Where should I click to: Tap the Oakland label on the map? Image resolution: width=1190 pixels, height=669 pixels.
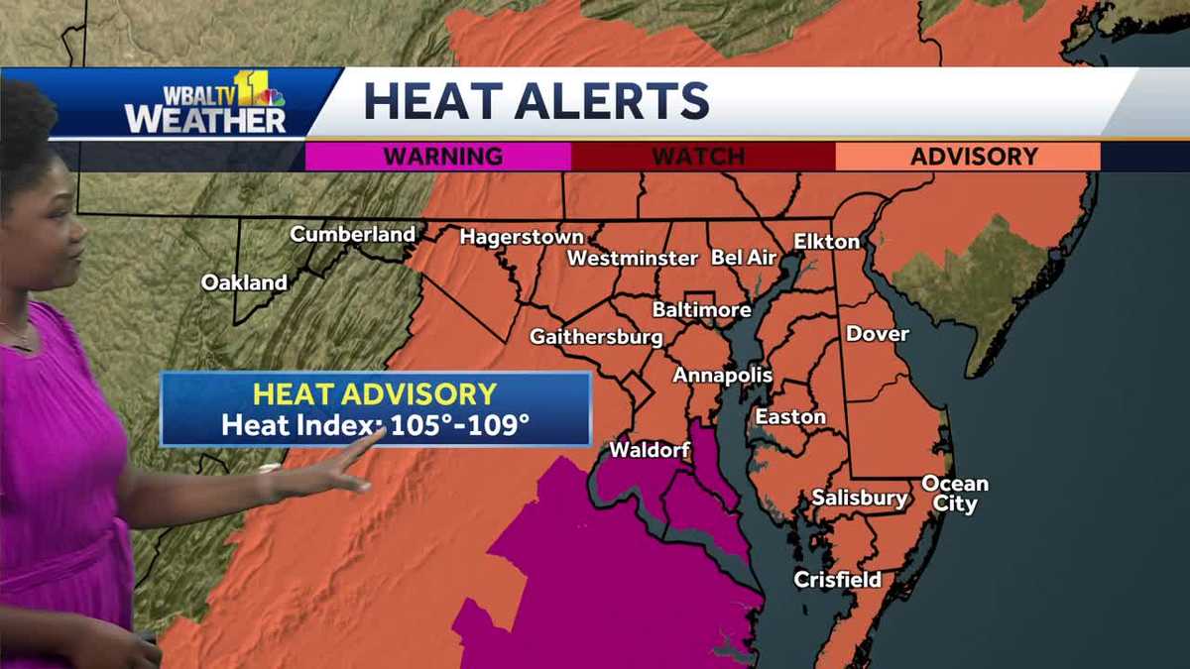244,282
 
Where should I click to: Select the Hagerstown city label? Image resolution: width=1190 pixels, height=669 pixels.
522,238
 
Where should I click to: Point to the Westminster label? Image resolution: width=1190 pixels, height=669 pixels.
633,259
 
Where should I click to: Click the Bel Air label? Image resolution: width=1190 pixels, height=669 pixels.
743,258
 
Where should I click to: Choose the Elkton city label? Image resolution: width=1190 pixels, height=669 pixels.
827,241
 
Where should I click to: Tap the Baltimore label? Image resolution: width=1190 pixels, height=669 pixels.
701,310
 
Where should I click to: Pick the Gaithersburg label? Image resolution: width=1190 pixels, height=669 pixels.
596,337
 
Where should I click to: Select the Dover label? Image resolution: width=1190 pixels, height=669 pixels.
877,334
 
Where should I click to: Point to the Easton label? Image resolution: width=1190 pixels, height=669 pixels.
790,417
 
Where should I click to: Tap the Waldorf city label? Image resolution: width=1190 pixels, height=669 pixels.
649,450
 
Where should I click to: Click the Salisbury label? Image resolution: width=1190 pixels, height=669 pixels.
860,498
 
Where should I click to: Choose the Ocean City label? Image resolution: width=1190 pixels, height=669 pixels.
955,494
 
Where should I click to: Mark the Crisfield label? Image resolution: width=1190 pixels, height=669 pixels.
838,580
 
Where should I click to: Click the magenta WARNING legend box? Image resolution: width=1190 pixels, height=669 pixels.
438,157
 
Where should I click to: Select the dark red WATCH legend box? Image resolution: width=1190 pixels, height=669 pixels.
703,157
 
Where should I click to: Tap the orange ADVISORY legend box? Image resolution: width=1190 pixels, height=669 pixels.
968,157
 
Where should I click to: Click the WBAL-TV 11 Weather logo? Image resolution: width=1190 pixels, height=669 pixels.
205,103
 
